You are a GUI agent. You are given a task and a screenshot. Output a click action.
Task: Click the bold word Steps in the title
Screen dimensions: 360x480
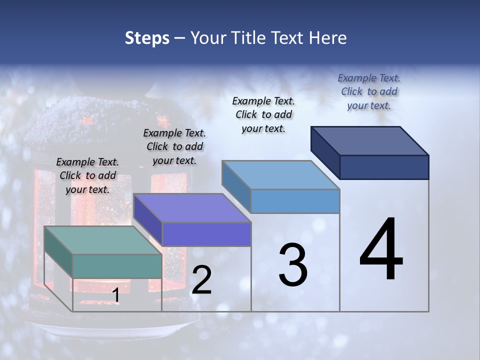147,38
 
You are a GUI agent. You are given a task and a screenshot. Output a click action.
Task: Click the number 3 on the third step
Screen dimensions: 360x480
293,265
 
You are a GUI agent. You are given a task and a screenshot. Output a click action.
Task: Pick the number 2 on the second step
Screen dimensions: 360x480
201,280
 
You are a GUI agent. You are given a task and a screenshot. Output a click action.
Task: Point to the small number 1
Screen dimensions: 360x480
115,295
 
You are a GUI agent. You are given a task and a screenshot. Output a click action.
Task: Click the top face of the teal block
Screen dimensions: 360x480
102,240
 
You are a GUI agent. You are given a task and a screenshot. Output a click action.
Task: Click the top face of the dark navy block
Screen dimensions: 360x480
369,140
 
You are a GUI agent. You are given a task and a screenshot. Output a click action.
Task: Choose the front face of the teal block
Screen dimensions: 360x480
117,266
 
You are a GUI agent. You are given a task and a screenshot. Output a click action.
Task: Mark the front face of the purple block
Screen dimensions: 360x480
206,234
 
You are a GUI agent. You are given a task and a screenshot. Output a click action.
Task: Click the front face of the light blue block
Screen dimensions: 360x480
295,201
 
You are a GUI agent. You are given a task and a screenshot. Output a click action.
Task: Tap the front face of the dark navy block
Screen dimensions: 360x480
384,167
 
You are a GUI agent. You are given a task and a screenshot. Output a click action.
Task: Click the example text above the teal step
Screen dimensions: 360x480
87,175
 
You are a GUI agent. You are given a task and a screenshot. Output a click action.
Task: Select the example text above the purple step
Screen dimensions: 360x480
174,146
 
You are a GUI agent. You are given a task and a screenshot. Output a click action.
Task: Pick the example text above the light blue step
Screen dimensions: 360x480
263,114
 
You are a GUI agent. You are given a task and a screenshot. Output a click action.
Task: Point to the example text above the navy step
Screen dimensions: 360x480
369,91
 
